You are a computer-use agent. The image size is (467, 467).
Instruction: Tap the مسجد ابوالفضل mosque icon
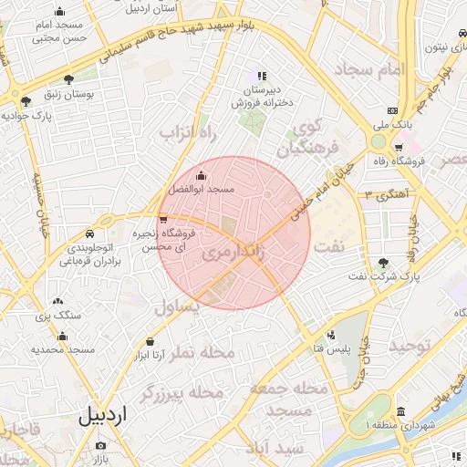click(201, 176)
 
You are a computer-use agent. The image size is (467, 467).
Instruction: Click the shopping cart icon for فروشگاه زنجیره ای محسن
click(163, 219)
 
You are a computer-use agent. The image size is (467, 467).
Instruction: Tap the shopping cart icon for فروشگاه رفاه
click(399, 147)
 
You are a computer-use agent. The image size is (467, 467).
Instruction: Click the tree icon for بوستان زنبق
click(69, 80)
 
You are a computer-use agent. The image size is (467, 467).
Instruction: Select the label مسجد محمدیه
click(63, 349)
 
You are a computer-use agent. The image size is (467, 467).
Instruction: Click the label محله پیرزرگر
click(182, 393)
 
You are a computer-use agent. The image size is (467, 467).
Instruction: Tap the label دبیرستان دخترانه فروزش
click(261, 97)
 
